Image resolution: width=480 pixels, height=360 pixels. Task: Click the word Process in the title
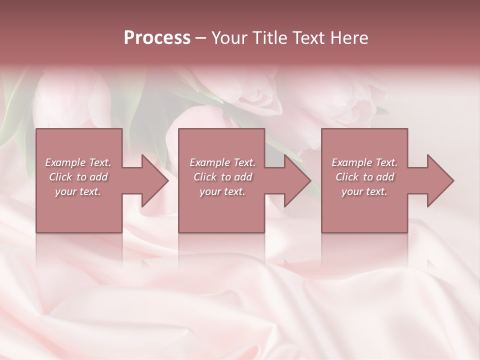(x=157, y=38)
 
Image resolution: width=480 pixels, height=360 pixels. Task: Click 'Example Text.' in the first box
(x=78, y=162)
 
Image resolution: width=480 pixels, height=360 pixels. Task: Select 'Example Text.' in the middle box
(x=222, y=162)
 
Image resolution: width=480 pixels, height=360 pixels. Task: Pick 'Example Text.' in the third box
(x=364, y=162)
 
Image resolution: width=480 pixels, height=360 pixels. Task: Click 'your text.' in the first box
(x=78, y=191)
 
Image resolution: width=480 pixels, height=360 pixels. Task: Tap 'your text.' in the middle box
(x=222, y=191)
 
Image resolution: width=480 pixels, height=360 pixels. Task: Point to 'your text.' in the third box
(x=364, y=191)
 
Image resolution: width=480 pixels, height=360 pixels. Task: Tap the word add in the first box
(x=99, y=177)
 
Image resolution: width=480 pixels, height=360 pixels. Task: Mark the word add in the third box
(x=385, y=177)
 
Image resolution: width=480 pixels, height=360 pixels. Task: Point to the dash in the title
(x=201, y=38)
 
